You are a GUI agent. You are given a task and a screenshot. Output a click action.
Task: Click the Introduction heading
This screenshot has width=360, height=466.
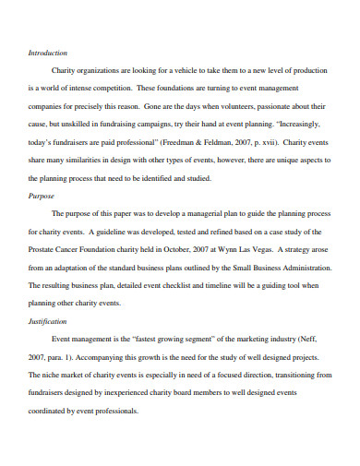point(47,53)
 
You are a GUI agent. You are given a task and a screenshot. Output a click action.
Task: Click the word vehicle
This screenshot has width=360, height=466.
point(186,69)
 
